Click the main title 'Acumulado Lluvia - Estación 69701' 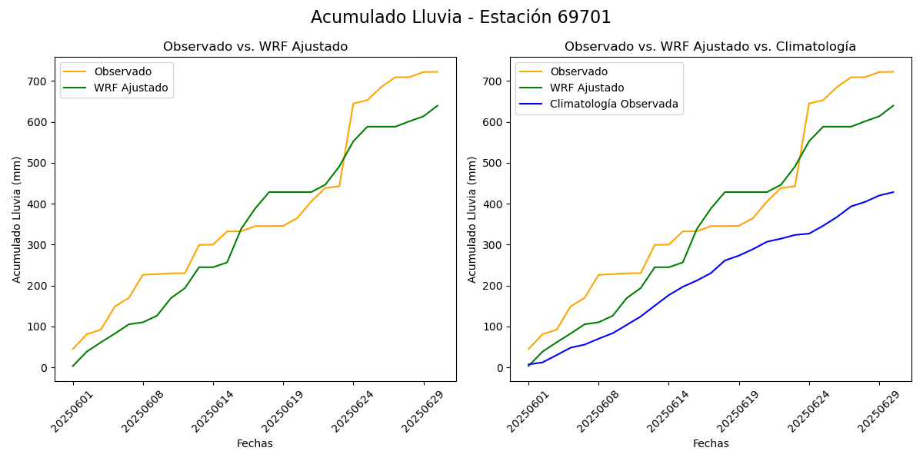pos(461,18)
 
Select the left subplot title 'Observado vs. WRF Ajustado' pos(255,47)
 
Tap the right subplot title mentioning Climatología pos(710,47)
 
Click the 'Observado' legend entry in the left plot pos(122,71)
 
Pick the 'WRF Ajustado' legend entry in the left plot pos(131,88)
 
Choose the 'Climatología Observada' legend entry pos(614,104)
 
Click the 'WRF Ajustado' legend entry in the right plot pos(587,88)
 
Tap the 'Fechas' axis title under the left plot pos(255,443)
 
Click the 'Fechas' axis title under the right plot pos(711,443)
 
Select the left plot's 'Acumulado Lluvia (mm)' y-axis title pos(17,219)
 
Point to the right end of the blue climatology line pos(893,192)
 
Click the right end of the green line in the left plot pos(438,106)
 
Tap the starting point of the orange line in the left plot pos(73,349)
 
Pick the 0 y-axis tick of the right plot pos(501,368)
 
